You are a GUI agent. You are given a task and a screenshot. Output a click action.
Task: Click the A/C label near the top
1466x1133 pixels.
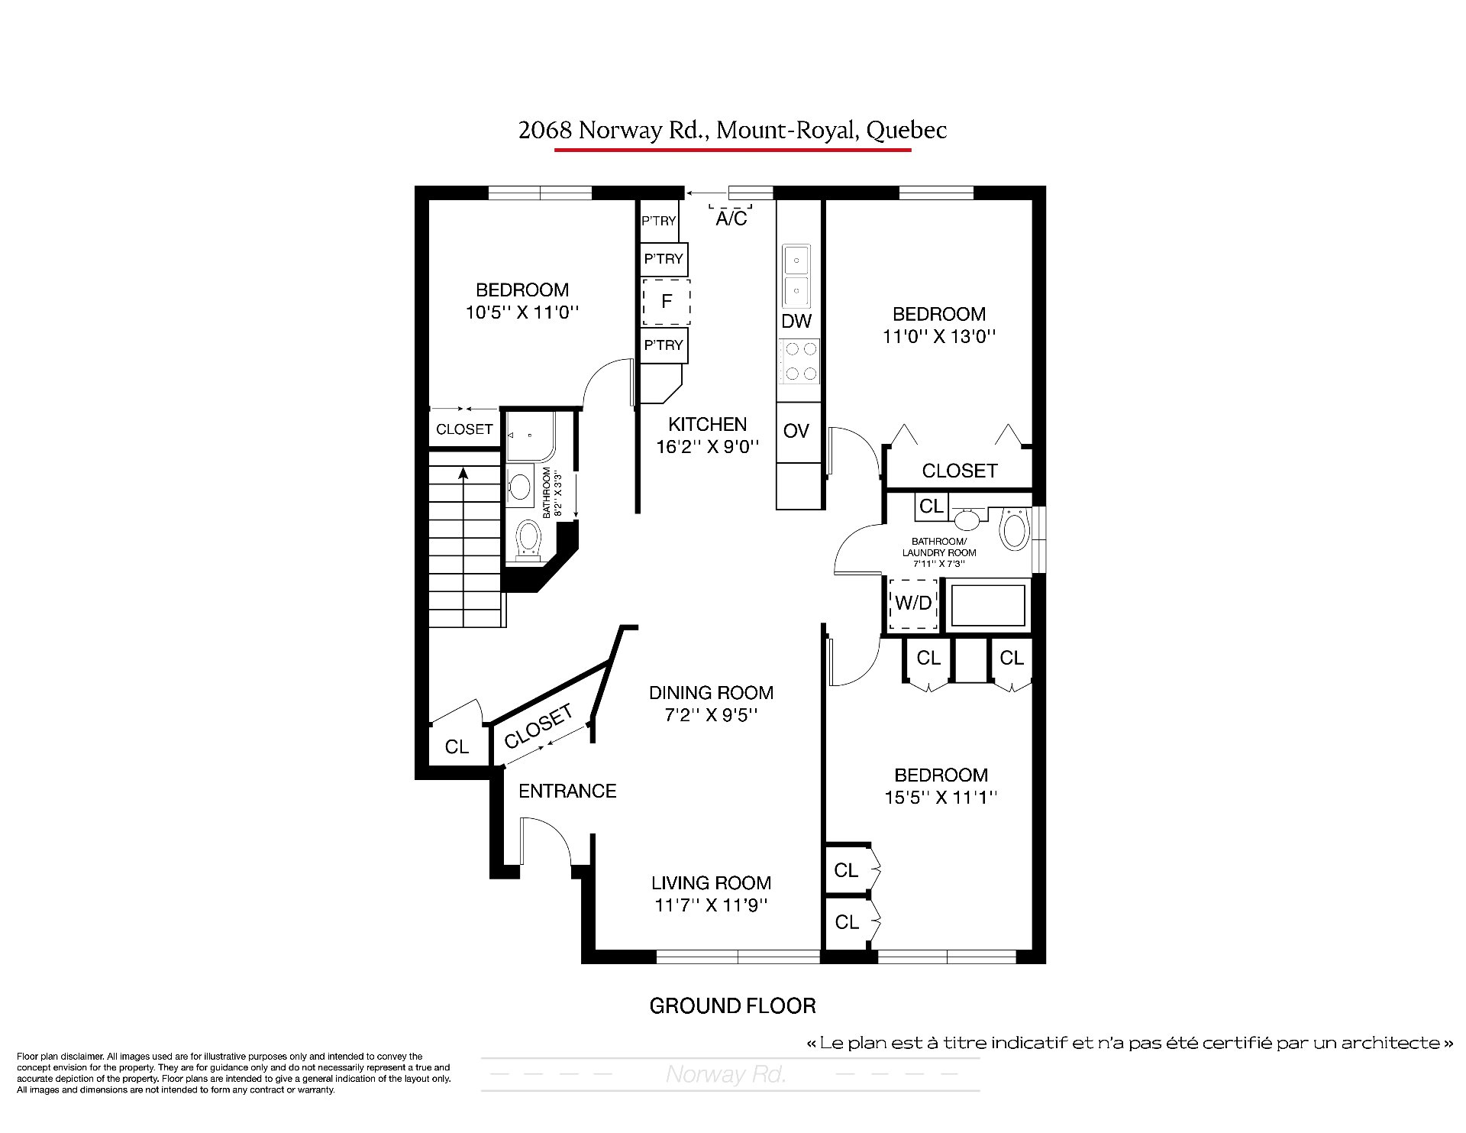tap(731, 219)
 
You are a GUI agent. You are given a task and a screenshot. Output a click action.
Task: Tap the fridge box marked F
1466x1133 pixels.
tap(666, 302)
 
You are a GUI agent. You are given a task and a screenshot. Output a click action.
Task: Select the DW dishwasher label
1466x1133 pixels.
tap(796, 321)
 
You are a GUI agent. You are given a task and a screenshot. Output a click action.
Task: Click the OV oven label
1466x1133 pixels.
tap(796, 431)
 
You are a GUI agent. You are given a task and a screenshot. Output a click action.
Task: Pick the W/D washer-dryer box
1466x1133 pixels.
tap(913, 604)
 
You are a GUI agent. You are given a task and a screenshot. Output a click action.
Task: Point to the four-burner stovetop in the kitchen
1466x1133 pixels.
tap(799, 361)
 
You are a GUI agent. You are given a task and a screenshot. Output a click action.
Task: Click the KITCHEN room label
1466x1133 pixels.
tap(707, 425)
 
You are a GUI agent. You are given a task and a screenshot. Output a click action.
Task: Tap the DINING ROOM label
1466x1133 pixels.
tap(711, 693)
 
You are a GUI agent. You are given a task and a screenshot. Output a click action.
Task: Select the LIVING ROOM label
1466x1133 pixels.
tap(711, 883)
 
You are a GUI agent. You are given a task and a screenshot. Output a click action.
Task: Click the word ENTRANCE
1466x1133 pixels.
tap(567, 791)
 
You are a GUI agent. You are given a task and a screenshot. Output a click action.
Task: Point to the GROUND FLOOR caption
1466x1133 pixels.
tap(732, 1006)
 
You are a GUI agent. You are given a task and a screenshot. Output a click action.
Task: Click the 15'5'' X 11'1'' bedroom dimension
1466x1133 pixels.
tap(941, 798)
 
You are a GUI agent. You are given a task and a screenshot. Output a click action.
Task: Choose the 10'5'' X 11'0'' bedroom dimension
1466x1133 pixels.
tap(522, 312)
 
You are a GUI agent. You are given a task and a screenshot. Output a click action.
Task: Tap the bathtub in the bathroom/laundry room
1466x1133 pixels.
tap(988, 605)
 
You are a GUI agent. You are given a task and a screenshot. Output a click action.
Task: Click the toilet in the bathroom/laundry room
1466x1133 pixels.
tap(1015, 529)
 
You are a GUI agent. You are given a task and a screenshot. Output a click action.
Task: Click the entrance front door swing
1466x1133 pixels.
tap(546, 841)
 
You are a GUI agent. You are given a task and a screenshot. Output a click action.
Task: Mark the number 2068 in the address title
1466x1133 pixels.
tap(545, 131)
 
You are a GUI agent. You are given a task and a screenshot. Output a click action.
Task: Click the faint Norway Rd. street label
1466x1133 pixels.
tap(725, 1075)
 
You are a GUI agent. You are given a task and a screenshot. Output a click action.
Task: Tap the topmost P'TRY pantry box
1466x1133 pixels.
tap(658, 221)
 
